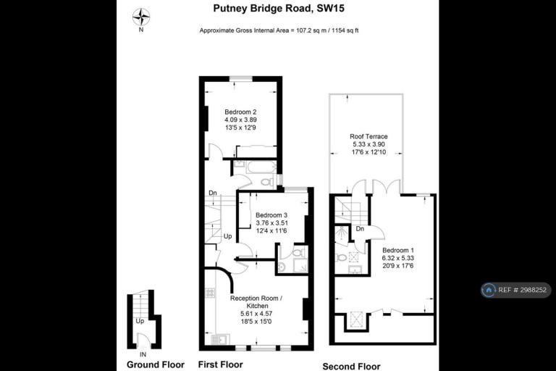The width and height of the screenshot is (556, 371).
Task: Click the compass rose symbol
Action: (x=141, y=17)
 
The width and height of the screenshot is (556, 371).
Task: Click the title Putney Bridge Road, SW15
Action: (x=279, y=8)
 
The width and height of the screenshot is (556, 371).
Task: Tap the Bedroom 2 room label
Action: (x=240, y=112)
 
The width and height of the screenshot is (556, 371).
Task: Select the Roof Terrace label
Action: (x=368, y=136)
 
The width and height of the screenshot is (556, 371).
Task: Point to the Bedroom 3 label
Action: (x=271, y=215)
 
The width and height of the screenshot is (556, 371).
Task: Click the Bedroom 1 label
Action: (x=398, y=250)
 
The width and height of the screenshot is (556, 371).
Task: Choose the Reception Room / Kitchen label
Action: (x=256, y=301)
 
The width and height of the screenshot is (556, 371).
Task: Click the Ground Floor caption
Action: (x=156, y=364)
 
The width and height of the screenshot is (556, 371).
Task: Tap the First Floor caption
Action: (x=221, y=364)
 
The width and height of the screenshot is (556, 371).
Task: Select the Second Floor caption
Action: (x=351, y=367)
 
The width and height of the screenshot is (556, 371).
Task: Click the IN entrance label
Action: (x=143, y=354)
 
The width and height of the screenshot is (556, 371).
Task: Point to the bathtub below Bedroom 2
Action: (x=261, y=167)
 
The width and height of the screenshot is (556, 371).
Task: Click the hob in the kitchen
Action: (x=210, y=293)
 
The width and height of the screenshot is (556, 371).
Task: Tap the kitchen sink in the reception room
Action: (x=220, y=340)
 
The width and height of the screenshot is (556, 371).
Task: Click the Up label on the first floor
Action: (x=227, y=236)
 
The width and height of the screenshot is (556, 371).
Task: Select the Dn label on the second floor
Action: (x=360, y=229)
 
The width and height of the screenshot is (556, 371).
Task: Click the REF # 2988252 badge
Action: (x=515, y=290)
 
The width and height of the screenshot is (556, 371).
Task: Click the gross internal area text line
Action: (x=279, y=30)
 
